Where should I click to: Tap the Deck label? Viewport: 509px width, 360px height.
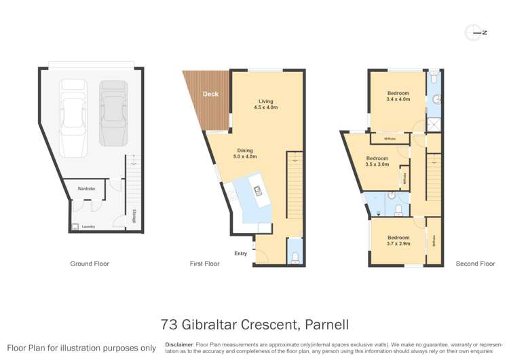coord(210,94)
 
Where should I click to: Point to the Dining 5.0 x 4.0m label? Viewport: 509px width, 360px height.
coord(246,154)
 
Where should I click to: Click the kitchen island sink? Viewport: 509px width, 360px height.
coord(258,190)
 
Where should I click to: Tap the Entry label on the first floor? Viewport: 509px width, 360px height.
coord(241,253)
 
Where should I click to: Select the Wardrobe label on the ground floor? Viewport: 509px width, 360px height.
coord(86,188)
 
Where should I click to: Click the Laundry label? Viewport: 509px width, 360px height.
coord(88,226)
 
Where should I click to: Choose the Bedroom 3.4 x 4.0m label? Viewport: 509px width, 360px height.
coord(398,96)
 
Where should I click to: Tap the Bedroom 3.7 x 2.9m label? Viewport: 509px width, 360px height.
coord(398,240)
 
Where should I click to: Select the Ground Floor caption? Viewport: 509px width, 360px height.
coord(90,264)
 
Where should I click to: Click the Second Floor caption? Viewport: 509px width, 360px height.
coord(476,264)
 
